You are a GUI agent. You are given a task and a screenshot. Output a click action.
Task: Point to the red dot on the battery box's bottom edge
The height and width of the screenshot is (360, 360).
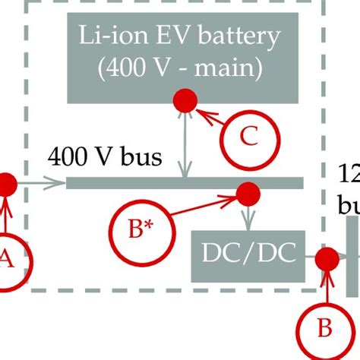183,99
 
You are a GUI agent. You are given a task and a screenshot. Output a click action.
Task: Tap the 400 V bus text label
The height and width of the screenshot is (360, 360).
105,157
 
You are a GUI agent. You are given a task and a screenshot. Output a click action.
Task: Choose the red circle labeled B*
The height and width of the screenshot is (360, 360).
137,229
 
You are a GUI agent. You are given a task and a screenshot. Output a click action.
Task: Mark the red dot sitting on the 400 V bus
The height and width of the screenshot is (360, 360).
248,193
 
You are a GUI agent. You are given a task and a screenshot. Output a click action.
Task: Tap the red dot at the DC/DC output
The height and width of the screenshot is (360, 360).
327,259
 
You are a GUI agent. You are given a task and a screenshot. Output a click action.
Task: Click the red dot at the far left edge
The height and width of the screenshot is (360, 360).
5,183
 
